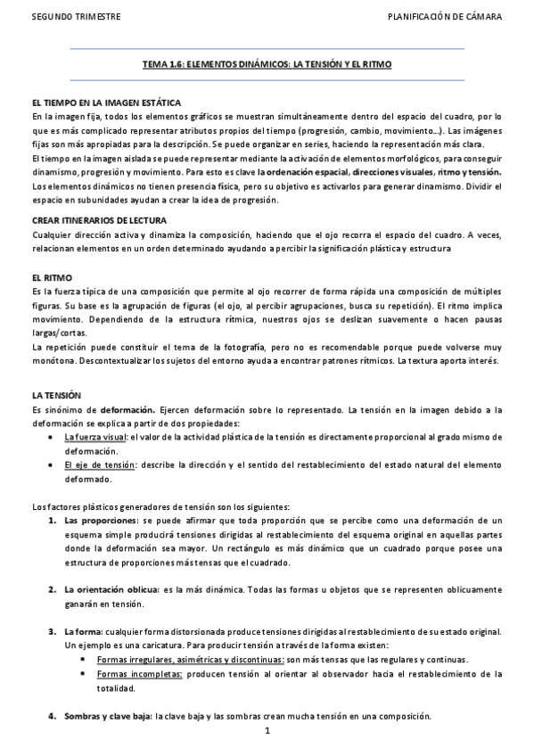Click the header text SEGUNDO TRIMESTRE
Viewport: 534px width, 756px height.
click(64, 17)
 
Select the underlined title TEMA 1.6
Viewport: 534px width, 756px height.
click(267, 65)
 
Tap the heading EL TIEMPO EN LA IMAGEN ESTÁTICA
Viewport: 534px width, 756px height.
click(106, 103)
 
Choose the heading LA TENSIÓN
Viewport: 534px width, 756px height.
click(56, 395)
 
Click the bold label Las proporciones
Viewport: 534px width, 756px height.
click(102, 520)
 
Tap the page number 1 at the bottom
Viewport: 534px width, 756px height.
click(267, 732)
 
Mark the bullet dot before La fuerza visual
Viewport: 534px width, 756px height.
click(54, 439)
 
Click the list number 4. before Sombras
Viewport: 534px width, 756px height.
click(53, 717)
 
